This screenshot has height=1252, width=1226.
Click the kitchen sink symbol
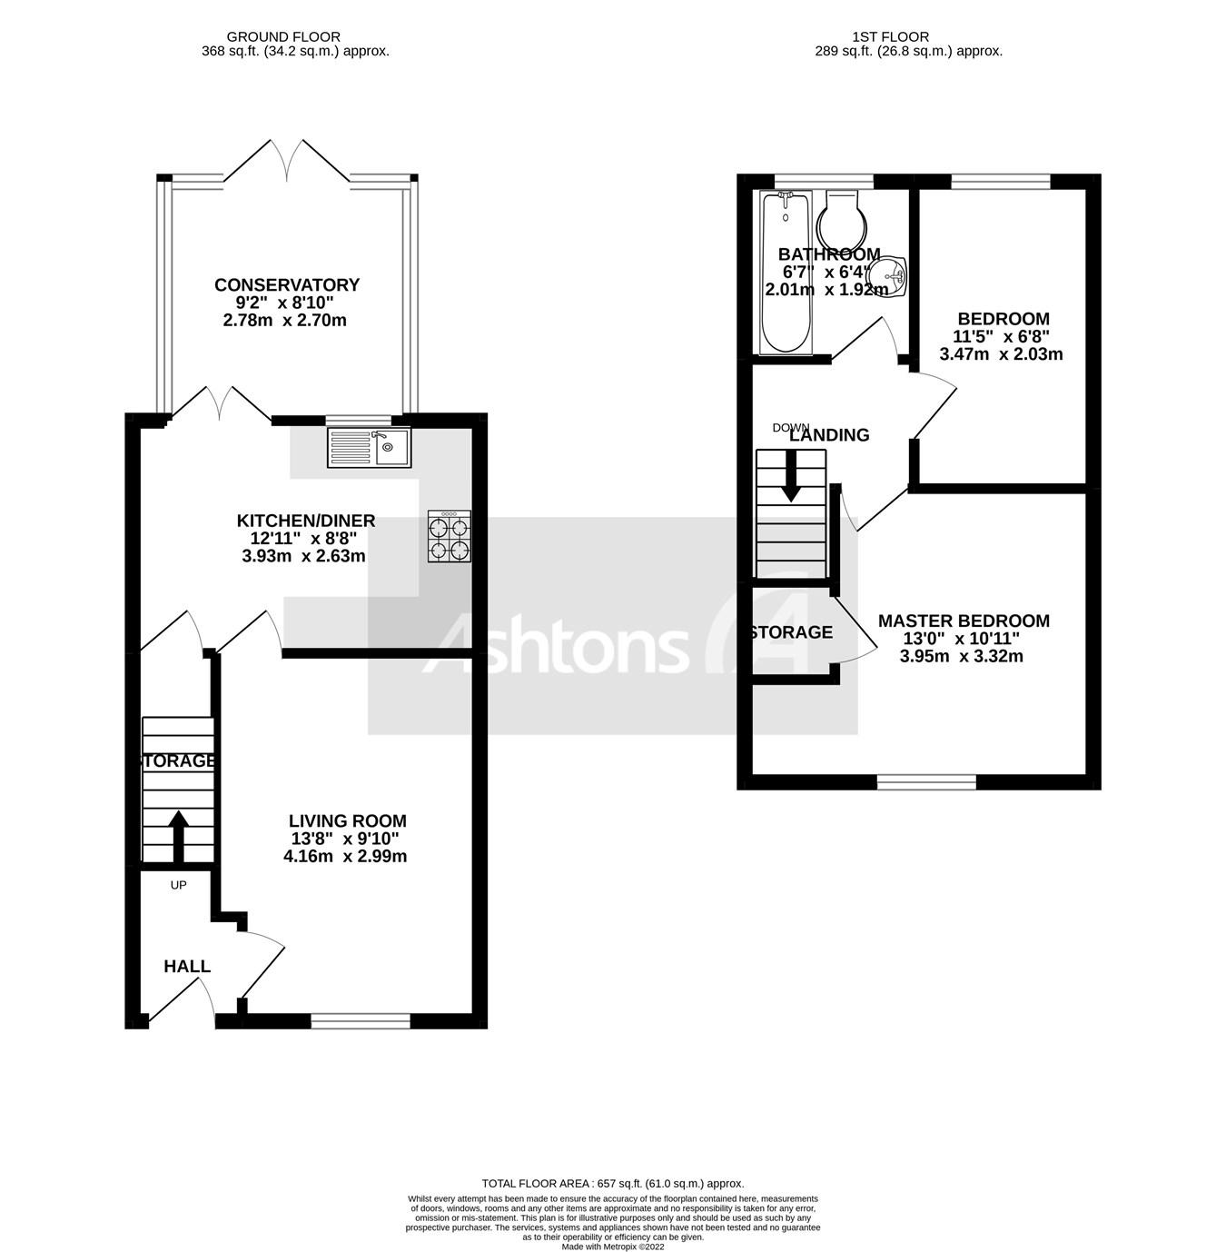[x=369, y=447]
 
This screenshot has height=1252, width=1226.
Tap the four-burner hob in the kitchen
[x=450, y=536]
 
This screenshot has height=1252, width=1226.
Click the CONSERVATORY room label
[x=287, y=285]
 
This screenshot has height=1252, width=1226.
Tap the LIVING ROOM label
[x=347, y=821]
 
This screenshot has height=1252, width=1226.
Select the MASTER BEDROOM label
[x=964, y=621]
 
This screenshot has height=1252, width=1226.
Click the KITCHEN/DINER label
[x=306, y=521]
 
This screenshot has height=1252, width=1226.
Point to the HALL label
[x=187, y=967]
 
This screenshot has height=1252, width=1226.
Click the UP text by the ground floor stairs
[x=178, y=884]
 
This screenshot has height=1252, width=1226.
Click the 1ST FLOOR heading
[x=890, y=37]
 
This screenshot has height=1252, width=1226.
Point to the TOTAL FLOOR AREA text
[x=612, y=1183]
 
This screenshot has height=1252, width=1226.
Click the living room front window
[x=360, y=1022]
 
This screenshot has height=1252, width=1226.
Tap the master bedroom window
[x=926, y=781]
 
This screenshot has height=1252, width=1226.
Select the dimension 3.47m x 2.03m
[x=1001, y=354]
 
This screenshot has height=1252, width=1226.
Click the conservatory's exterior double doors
[x=287, y=161]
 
